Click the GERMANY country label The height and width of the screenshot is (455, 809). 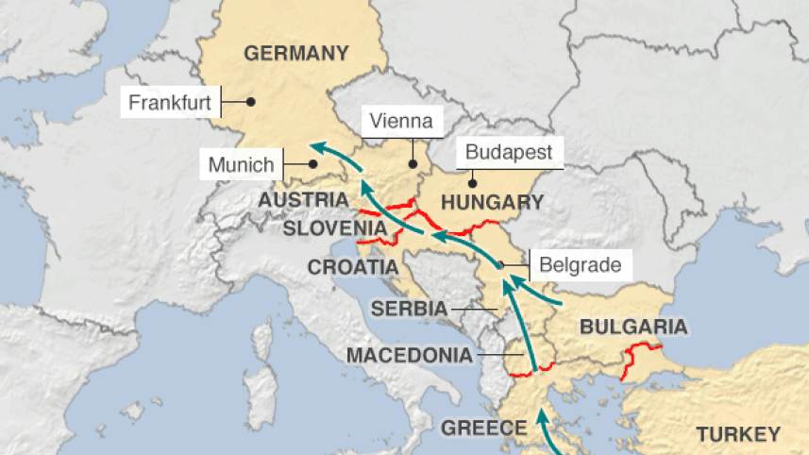pos(296,53)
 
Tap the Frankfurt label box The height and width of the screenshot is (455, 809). pos(170,102)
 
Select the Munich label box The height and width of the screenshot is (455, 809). pos(242,166)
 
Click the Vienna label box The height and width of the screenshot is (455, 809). pos(401,121)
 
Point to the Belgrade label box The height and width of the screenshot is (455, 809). pos(580,264)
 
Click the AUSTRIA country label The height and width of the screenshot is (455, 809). pos(303,200)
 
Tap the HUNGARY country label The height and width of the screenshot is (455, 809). pos(493,202)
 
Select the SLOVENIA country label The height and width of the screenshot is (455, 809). pos(336,228)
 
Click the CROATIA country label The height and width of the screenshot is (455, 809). pos(353,267)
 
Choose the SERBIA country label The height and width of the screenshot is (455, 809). pos(409,308)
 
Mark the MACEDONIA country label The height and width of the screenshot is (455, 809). pos(409,356)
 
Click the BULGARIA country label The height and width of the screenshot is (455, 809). pos(632,328)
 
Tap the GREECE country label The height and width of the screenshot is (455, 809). pos(485,428)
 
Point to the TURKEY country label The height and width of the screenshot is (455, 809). pos(738,434)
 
